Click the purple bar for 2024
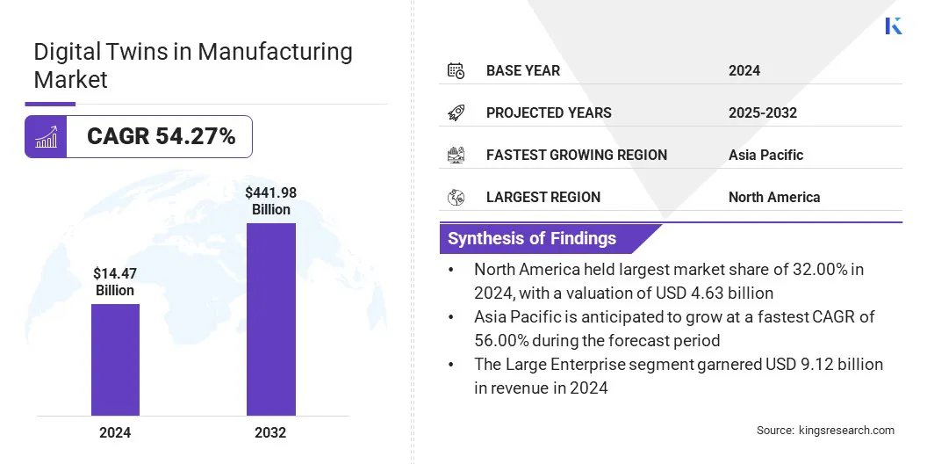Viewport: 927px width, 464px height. pos(115,359)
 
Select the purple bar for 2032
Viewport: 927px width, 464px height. pos(270,319)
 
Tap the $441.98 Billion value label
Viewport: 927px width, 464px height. pos(270,200)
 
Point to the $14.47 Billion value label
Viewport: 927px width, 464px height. pos(115,281)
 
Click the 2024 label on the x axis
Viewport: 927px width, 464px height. pos(115,432)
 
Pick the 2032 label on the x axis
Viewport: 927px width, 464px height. pos(270,432)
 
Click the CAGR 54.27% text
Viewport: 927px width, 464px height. pos(161,136)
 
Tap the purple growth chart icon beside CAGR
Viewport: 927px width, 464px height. pos(46,136)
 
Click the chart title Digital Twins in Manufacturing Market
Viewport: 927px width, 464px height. pos(193,65)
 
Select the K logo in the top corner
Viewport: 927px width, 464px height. pos(894,25)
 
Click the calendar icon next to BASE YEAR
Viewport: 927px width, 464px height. pos(456,70)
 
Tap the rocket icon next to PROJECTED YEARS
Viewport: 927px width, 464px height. pos(456,112)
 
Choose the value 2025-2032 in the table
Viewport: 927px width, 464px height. pos(762,112)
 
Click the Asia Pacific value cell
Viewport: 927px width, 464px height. pos(765,155)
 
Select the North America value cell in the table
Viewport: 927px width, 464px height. pos(773,197)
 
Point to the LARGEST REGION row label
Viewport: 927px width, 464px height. pos(543,197)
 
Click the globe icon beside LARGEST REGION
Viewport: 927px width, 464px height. pos(456,197)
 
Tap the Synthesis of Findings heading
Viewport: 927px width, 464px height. pos(532,238)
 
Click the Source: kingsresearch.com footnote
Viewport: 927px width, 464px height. pos(825,430)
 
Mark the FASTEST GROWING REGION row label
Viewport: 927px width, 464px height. pos(576,155)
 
